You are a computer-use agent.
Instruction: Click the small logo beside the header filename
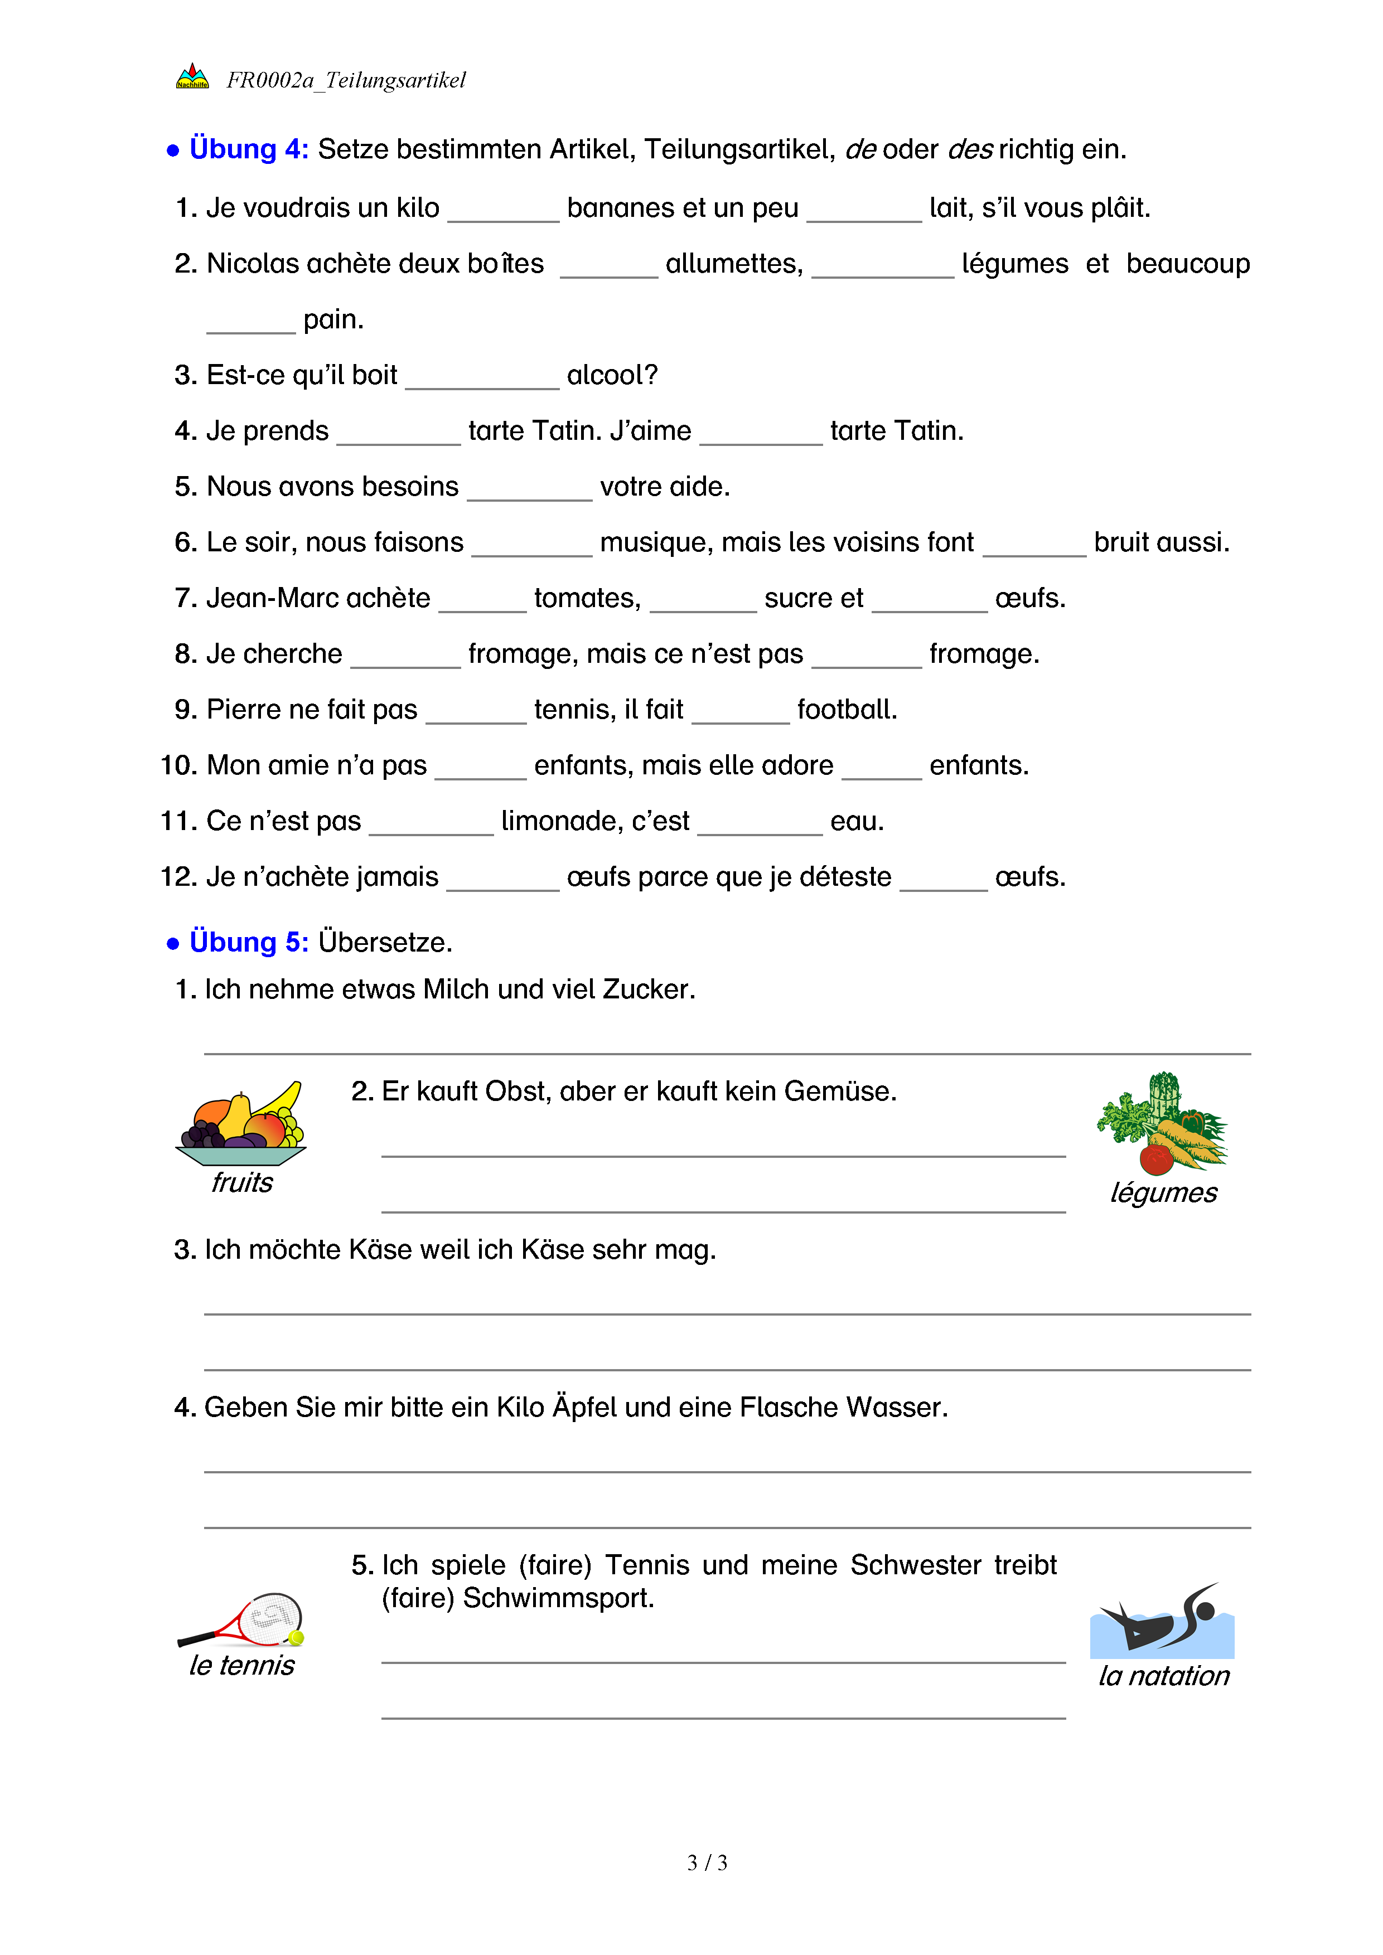point(192,76)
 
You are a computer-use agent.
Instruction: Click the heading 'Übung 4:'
point(249,149)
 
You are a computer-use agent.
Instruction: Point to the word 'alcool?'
point(612,375)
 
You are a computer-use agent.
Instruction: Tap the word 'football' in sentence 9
point(847,709)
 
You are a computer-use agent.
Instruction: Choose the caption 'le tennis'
point(242,1665)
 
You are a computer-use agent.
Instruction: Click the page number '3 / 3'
point(707,1863)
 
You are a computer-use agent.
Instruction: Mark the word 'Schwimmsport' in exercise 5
point(558,1598)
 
